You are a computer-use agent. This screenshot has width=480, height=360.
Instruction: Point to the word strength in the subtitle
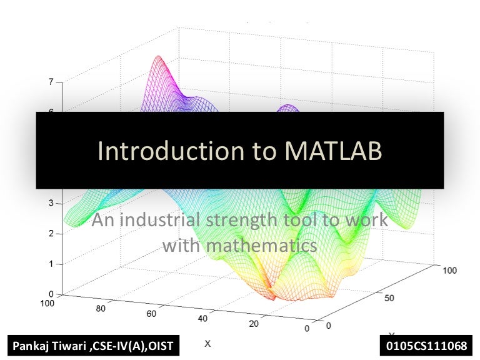[x=246, y=220]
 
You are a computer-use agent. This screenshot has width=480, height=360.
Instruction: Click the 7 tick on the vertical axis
[x=51, y=81]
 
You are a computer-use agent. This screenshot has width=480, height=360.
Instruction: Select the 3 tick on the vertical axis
[x=51, y=203]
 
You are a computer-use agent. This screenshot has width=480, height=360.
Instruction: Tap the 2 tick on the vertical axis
[x=51, y=234]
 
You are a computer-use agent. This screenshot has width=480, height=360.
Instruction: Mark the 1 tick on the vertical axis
[x=51, y=264]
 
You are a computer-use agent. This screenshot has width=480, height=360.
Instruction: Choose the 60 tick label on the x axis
[x=151, y=314]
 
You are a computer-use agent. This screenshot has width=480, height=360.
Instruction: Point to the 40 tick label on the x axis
[x=202, y=319]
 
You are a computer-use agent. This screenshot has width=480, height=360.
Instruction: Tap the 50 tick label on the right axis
[x=389, y=297]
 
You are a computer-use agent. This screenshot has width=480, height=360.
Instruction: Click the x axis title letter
[x=208, y=343]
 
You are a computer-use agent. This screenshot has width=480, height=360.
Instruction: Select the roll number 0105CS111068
[x=427, y=345]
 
